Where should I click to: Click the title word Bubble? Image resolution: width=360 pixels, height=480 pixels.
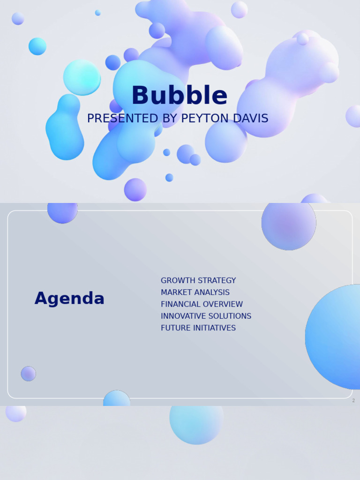click(180, 96)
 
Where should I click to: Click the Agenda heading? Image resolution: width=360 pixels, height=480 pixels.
click(69, 299)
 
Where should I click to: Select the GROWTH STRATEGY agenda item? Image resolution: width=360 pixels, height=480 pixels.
click(198, 281)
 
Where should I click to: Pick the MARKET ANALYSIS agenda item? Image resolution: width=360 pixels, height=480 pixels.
click(195, 292)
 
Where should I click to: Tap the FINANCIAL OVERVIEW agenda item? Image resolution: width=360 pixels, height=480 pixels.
click(202, 304)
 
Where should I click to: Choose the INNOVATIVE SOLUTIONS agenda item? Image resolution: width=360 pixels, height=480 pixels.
click(206, 316)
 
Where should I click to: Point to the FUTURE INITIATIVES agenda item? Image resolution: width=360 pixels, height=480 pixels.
click(198, 328)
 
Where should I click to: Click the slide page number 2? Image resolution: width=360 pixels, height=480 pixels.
click(353, 401)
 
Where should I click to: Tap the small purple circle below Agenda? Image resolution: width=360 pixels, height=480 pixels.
click(28, 374)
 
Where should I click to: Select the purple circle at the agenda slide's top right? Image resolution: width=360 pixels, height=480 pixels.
click(288, 225)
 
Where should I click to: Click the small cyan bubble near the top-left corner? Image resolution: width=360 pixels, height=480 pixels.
click(37, 46)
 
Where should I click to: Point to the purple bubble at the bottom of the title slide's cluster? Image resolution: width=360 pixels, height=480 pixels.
click(135, 189)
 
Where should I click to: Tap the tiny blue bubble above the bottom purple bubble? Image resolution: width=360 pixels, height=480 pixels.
click(169, 178)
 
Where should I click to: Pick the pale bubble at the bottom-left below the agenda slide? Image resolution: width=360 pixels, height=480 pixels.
click(15, 412)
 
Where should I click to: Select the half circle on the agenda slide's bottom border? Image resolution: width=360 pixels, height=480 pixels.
click(117, 399)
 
